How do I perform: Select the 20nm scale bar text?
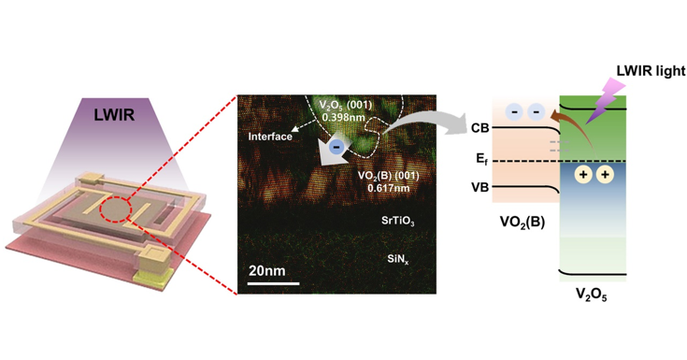[x=269, y=270]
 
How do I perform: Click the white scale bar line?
[x=273, y=282]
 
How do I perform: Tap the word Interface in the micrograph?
[x=269, y=137]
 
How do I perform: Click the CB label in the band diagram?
[x=480, y=128]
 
